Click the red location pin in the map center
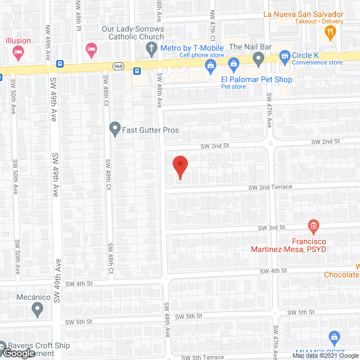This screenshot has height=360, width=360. coord(179,165)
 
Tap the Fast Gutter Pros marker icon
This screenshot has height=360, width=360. coord(115,129)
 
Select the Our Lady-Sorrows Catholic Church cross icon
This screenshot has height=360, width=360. coord(151,49)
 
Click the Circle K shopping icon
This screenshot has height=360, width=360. coord(285,56)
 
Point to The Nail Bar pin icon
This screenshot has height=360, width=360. coord(258,57)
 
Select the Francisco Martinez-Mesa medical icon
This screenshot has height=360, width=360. coord(313,227)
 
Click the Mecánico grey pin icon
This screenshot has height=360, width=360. coord(38,308)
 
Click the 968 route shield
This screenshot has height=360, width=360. coord(118,66)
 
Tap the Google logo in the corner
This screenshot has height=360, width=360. coord(19,353)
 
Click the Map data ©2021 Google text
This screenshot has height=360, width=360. coord(325,355)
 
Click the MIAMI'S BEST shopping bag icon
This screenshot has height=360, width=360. coord(334,338)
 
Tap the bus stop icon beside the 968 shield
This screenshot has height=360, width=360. coord(137,71)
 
